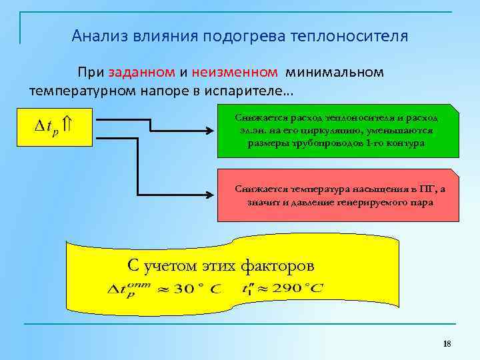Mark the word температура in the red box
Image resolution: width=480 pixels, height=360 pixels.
click(x=309, y=189)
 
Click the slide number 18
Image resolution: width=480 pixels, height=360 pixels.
click(x=447, y=344)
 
